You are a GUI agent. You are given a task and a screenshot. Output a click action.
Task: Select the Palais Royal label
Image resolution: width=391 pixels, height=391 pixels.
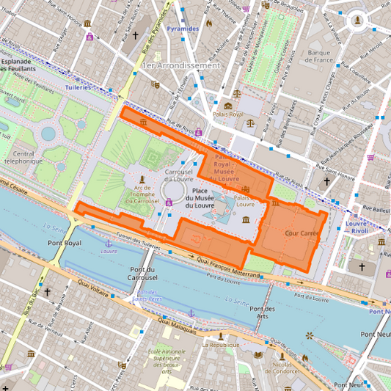tap(227, 115)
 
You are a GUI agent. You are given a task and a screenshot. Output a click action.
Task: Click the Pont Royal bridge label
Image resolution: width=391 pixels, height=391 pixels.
tap(64, 242)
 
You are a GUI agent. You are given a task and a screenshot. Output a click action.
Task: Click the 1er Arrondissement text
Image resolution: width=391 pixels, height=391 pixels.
tap(181, 65)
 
